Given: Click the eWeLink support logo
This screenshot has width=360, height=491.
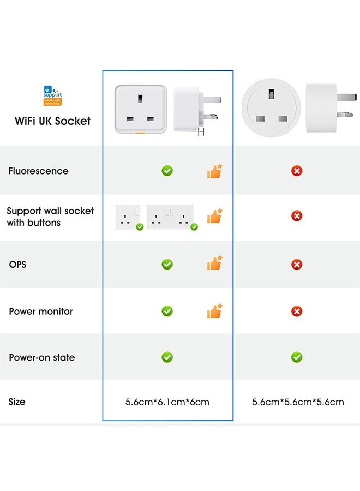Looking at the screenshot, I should pyautogui.click(x=52, y=95).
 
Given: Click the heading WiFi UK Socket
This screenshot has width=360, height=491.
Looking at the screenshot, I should pyautogui.click(x=52, y=121).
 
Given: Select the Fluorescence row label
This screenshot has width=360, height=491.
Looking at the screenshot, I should pyautogui.click(x=38, y=171).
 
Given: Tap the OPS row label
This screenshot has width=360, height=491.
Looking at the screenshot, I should pyautogui.click(x=17, y=265).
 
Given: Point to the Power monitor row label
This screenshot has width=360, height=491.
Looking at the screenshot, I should pyautogui.click(x=41, y=312).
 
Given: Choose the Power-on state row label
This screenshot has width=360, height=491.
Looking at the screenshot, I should pyautogui.click(x=42, y=358).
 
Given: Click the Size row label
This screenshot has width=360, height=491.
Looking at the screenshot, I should pyautogui.click(x=17, y=402).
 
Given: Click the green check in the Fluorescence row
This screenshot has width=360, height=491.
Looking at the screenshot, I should pyautogui.click(x=167, y=171).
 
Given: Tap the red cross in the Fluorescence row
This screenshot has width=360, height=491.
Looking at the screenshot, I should pyautogui.click(x=297, y=171).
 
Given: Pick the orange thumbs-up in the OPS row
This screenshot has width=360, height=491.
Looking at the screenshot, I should pyautogui.click(x=214, y=264).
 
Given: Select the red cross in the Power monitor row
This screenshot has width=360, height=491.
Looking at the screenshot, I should pyautogui.click(x=297, y=312).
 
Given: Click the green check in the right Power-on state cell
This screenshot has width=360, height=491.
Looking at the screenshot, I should pyautogui.click(x=297, y=357).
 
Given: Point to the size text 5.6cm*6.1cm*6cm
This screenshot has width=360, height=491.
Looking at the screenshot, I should pyautogui.click(x=167, y=402).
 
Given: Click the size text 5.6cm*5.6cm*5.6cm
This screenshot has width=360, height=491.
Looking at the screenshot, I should pyautogui.click(x=298, y=402).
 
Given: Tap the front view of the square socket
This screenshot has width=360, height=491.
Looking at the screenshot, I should pyautogui.click(x=140, y=109).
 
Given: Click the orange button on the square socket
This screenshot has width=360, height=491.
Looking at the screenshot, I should pyautogui.click(x=140, y=131).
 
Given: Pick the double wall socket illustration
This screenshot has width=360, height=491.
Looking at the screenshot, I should pyautogui.click(x=170, y=217).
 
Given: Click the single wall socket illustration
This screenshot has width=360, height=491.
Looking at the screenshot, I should pyautogui.click(x=128, y=217).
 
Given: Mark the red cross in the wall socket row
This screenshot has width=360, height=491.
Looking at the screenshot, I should pyautogui.click(x=297, y=217).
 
